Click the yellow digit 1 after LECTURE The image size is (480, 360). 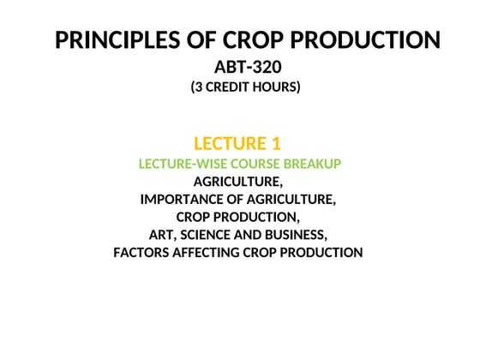[x=276, y=143]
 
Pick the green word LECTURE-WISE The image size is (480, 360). [x=183, y=163]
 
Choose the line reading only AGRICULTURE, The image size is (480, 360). [x=237, y=181]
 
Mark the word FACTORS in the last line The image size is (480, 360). [x=142, y=252]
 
